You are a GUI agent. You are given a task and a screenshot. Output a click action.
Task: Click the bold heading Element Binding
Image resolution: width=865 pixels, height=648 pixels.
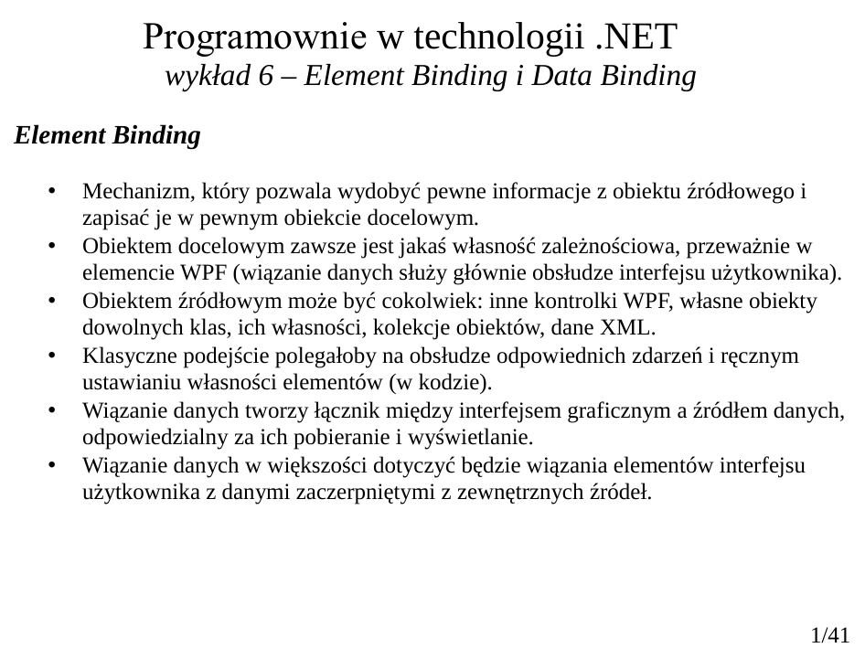click(x=108, y=137)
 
